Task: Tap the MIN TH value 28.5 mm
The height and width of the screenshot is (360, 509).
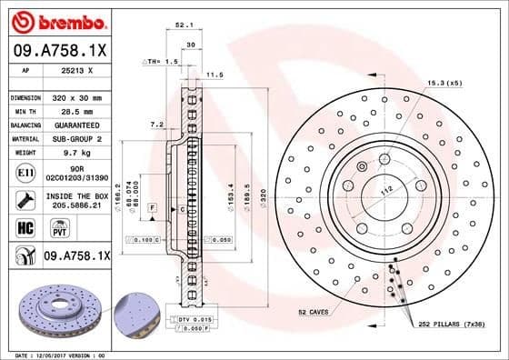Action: click(83, 110)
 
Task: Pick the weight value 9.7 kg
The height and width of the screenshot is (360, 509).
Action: click(83, 153)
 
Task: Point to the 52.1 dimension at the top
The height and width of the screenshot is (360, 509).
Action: click(182, 26)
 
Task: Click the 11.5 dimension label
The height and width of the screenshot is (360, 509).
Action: click(215, 75)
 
